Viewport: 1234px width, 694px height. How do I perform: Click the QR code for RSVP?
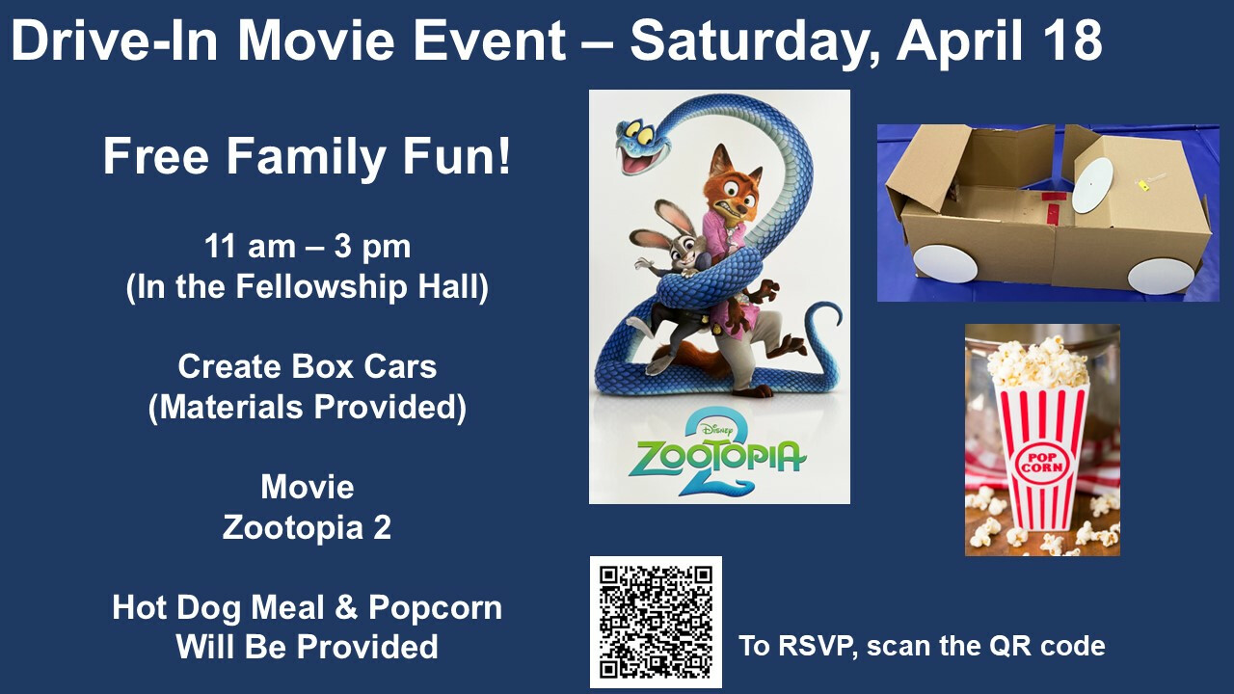pos(656,622)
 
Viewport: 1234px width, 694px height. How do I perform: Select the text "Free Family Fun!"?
pos(307,157)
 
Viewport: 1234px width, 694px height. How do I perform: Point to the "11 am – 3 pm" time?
pos(308,246)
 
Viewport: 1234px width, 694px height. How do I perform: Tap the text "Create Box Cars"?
pos(308,366)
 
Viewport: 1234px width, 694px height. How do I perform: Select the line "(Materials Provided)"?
pos(308,408)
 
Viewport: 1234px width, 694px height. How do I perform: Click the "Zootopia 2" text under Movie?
pos(308,527)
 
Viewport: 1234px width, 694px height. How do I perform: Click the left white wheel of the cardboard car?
pos(945,264)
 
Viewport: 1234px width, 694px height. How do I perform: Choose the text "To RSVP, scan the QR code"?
pos(922,646)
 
